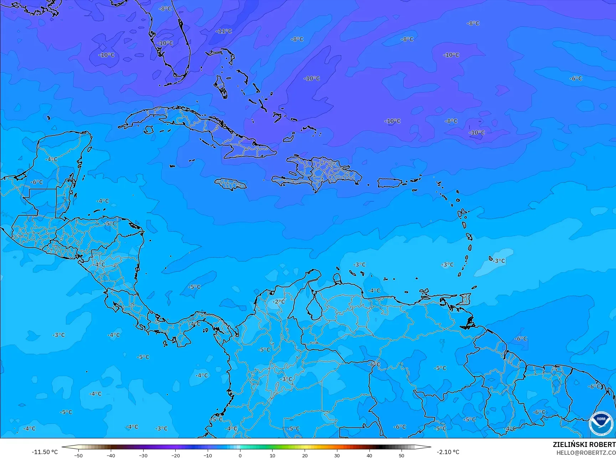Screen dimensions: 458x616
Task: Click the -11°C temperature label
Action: coord(224,31)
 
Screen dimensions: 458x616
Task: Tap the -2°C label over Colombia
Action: coord(279,302)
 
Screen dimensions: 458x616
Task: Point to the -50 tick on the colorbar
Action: coord(78,456)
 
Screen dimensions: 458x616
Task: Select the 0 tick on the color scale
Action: coord(240,456)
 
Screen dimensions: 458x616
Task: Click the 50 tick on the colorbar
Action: coord(402,456)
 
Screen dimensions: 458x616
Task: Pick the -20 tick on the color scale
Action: coord(175,456)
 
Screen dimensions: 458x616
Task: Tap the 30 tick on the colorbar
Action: coord(337,456)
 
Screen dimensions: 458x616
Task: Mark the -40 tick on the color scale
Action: coord(111,456)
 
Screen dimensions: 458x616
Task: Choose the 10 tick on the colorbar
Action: coord(273,456)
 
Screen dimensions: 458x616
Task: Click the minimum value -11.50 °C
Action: coord(45,452)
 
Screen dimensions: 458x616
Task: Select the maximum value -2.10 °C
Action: coord(448,452)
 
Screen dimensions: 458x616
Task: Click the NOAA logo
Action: coord(601,423)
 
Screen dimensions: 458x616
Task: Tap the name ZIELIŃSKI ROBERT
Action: coord(584,444)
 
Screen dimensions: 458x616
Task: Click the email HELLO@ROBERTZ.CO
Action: coord(586,453)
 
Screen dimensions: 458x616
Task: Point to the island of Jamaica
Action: coord(230,184)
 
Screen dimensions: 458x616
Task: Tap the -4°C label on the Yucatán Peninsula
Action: coord(52,159)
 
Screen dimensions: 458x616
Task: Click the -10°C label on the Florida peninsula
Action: coord(165,43)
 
